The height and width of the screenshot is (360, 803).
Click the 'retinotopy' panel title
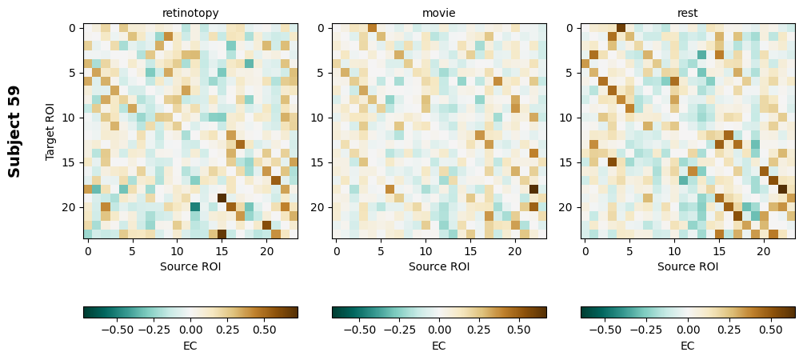pyautogui.click(x=190, y=13)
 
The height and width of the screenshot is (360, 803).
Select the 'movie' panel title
pyautogui.click(x=439, y=13)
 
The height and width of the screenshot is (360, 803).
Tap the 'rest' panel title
pyautogui.click(x=688, y=13)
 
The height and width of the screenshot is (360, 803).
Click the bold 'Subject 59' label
pyautogui.click(x=14, y=131)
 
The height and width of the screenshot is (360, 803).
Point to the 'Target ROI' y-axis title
pyautogui.click(x=50, y=131)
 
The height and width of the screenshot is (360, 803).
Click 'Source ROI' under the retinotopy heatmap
pyautogui.click(x=190, y=266)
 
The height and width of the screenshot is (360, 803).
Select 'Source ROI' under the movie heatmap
pyautogui.click(x=439, y=266)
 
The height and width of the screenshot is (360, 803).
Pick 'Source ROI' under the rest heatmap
pyautogui.click(x=688, y=266)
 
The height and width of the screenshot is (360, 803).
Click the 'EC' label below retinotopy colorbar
pyautogui.click(x=190, y=346)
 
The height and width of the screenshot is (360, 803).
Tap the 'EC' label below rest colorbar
pyautogui.click(x=688, y=346)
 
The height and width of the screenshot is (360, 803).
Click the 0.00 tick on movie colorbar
pyautogui.click(x=439, y=328)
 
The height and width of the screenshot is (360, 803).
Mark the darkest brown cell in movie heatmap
pyautogui.click(x=533, y=189)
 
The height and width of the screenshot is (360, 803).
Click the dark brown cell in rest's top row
pyautogui.click(x=621, y=28)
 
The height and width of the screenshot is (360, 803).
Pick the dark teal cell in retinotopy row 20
pyautogui.click(x=194, y=207)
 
